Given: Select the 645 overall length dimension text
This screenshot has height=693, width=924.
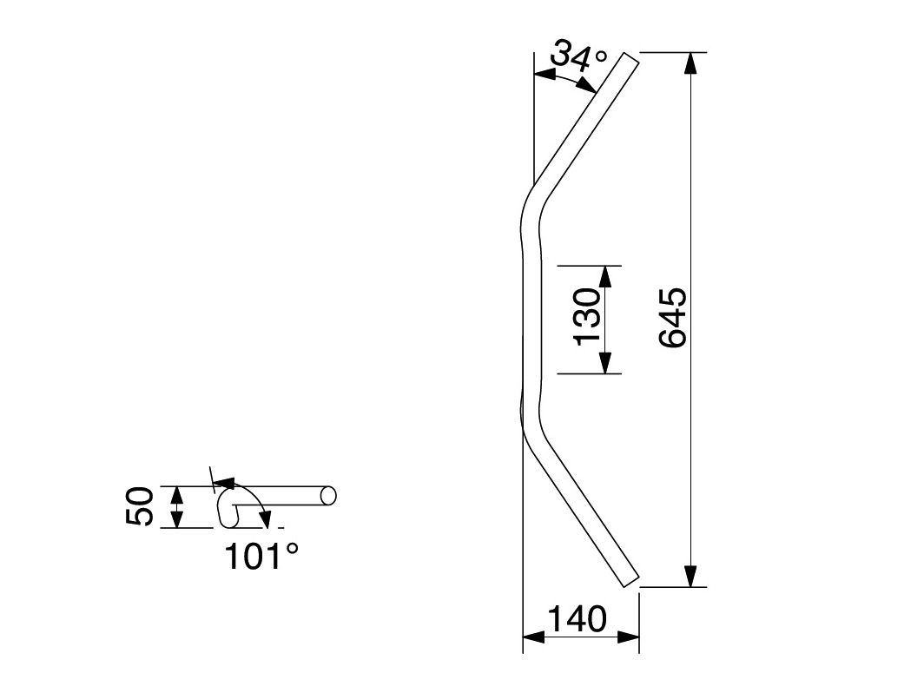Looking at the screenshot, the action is pyautogui.click(x=673, y=318).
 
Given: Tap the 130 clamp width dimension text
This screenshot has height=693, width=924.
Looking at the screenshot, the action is pyautogui.click(x=587, y=316).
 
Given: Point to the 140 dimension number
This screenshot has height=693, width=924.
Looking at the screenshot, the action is pyautogui.click(x=577, y=618).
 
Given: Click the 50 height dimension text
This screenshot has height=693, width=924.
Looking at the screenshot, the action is pyautogui.click(x=140, y=506).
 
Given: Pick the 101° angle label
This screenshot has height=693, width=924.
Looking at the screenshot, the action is pyautogui.click(x=261, y=556).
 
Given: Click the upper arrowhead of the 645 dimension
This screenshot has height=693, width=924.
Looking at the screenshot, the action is pyautogui.click(x=690, y=63).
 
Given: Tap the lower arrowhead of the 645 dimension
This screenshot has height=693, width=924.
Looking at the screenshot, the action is pyautogui.click(x=690, y=577).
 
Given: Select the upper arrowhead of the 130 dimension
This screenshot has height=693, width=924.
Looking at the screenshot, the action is pyautogui.click(x=606, y=276).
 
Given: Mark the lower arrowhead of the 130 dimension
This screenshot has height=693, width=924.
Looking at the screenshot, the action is pyautogui.click(x=606, y=363).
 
